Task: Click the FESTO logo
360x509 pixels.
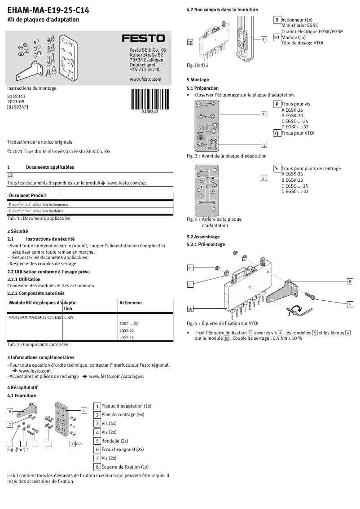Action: (x=144, y=39)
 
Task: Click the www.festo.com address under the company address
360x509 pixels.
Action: (x=145, y=79)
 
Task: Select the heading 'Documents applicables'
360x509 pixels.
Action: (x=50, y=167)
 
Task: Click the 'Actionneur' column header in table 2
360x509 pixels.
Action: (x=131, y=303)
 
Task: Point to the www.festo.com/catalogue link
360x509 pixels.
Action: (x=117, y=376)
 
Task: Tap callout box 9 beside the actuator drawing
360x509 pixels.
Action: (x=263, y=39)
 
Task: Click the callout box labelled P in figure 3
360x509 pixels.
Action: (x=263, y=114)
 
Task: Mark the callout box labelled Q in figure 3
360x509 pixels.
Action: (x=263, y=145)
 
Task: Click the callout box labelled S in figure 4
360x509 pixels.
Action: (x=263, y=178)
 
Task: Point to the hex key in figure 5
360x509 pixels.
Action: (x=302, y=311)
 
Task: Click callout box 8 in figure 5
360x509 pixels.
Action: (x=350, y=281)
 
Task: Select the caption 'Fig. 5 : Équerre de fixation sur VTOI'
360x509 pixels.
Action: (x=222, y=323)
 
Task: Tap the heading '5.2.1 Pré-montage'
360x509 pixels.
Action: (x=206, y=244)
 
